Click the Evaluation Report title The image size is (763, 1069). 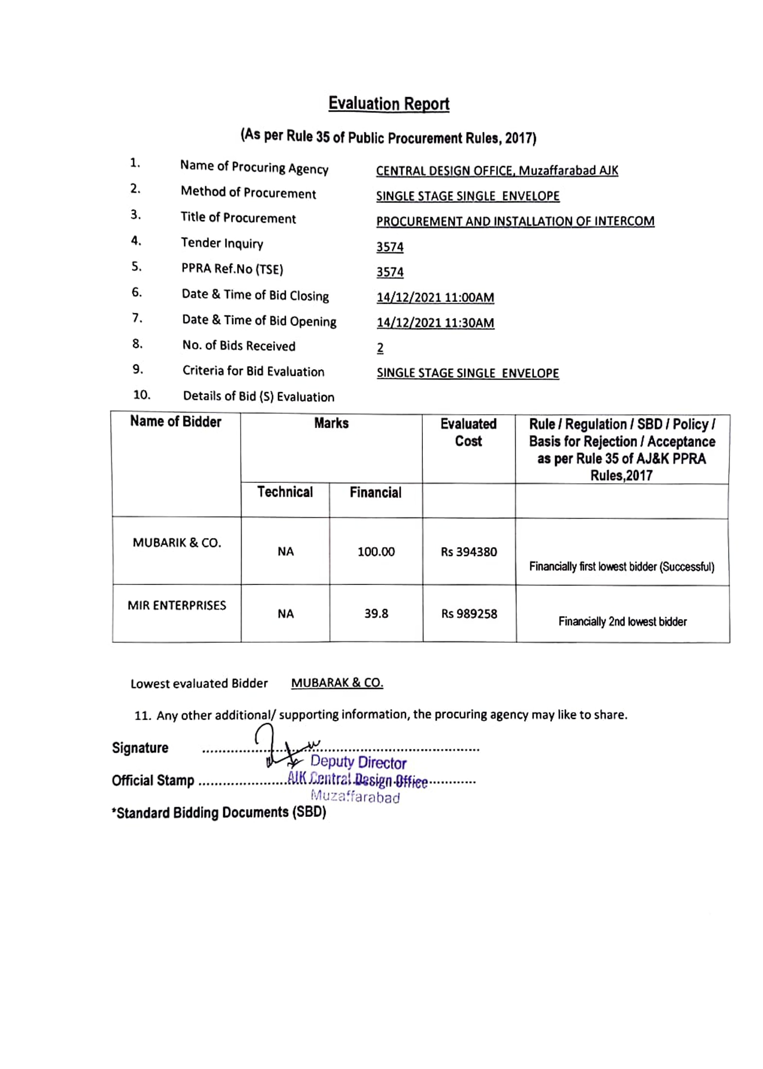tap(388, 103)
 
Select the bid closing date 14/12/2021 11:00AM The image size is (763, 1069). tap(435, 297)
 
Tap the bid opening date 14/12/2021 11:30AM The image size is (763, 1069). tap(435, 323)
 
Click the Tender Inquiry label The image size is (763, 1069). tap(222, 242)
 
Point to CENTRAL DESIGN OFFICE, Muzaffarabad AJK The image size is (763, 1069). tap(497, 171)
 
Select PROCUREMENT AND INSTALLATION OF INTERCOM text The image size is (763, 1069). tap(515, 221)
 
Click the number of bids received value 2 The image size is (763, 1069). tap(380, 348)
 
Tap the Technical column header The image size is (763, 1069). tap(285, 492)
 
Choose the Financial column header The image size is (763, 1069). tap(375, 492)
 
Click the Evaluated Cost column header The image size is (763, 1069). tap(468, 432)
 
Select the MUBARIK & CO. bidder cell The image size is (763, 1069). tap(176, 542)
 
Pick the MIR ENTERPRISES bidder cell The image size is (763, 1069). tap(176, 605)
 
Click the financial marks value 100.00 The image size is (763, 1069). tap(376, 552)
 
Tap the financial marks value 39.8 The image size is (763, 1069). tap(376, 613)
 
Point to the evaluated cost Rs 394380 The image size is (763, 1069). tap(468, 552)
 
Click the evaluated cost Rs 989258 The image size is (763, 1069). tap(469, 614)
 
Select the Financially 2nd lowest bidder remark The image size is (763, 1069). tap(622, 621)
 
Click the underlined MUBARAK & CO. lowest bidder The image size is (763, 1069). tap(337, 683)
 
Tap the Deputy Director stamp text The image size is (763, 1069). tap(358, 762)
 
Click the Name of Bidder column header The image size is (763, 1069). tap(175, 421)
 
